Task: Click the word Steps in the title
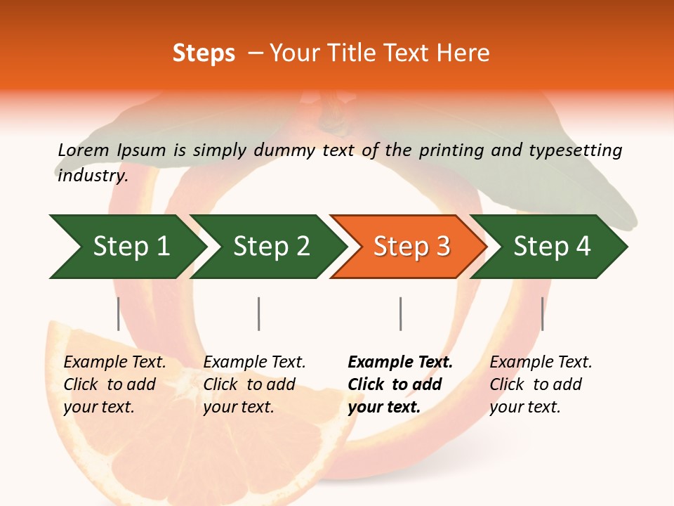tap(204, 53)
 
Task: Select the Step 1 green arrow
tap(126, 247)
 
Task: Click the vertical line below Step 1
tap(118, 313)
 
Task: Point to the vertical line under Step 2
tap(258, 313)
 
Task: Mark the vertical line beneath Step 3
tap(400, 313)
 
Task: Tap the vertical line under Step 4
tap(542, 313)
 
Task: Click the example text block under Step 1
tap(114, 384)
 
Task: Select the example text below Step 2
tap(254, 384)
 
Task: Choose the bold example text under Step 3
tap(399, 384)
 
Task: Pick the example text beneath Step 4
tap(541, 384)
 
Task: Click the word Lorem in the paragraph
tap(84, 150)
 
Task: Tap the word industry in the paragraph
tap(92, 176)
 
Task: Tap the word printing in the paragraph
tap(449, 150)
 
